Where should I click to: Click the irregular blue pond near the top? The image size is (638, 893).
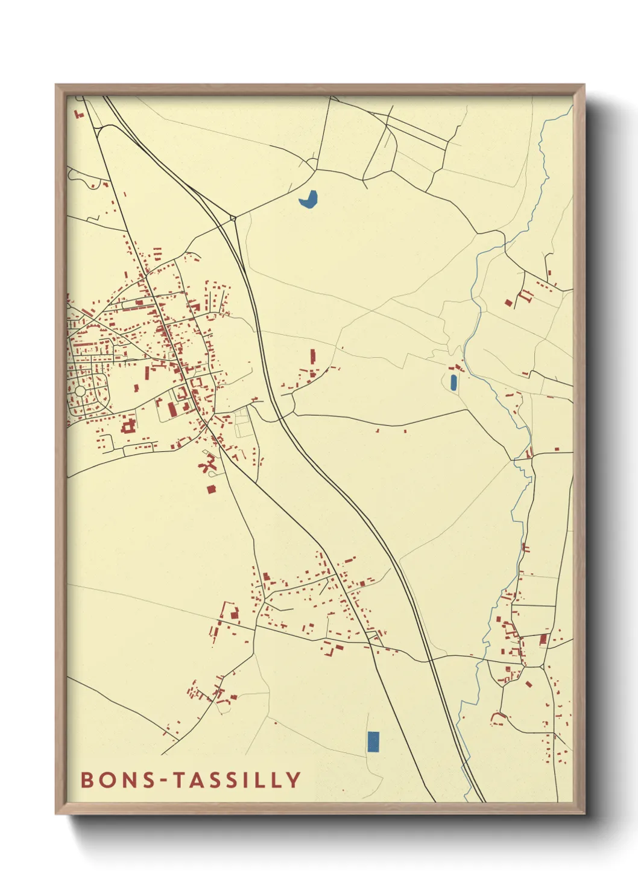point(308,199)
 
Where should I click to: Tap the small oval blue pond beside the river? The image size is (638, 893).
point(453,382)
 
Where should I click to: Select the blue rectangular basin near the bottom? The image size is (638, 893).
point(373,742)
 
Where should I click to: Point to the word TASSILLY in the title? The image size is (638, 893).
point(237,780)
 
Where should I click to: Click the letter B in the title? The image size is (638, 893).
point(87,780)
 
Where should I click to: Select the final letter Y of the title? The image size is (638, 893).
point(293,780)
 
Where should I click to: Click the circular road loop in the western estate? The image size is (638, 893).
point(80,392)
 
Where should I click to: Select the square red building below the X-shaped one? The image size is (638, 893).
point(211,489)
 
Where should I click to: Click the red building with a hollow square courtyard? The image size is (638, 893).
point(128,427)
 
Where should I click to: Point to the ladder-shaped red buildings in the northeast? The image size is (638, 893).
point(526,295)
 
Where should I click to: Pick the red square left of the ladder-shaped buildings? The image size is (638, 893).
point(508,302)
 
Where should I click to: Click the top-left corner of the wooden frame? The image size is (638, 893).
point(56,85)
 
